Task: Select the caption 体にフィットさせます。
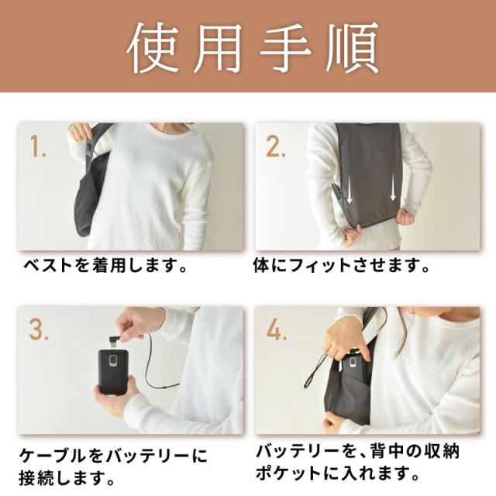coord(342,267)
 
